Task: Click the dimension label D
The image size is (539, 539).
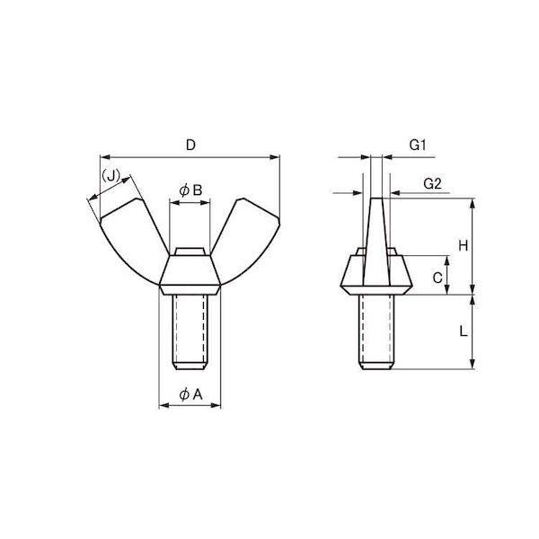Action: click(190, 145)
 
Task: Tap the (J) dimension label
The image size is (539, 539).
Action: click(110, 176)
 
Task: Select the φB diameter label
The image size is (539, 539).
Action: click(190, 190)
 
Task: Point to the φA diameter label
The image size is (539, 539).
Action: click(191, 394)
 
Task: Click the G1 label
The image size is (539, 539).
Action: click(418, 145)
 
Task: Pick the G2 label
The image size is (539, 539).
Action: click(432, 184)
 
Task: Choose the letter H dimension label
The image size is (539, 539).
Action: click(464, 246)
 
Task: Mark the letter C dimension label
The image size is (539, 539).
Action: click(437, 278)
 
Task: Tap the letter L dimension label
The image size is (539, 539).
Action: click(464, 331)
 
